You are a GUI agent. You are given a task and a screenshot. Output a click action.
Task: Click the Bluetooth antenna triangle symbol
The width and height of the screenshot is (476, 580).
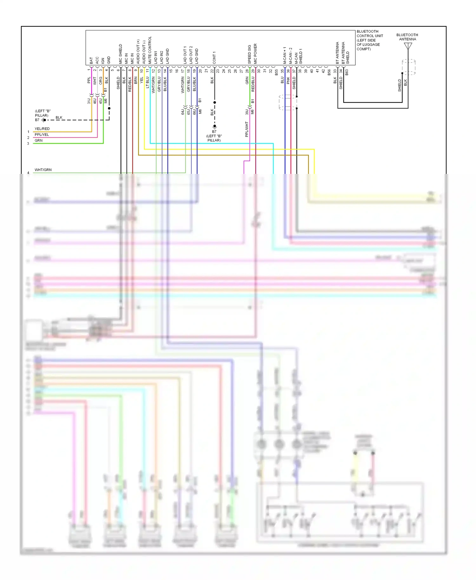408,46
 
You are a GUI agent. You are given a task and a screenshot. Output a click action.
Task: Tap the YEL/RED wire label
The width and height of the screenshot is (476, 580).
42,129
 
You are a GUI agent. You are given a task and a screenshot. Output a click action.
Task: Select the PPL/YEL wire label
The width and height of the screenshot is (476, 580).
42,135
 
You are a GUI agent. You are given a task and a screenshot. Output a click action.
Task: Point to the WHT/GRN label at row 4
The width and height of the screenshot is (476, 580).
43,170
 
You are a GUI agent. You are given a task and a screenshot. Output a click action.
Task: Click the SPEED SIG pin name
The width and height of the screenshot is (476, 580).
249,54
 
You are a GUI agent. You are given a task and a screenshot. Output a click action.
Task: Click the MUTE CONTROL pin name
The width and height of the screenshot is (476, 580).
150,50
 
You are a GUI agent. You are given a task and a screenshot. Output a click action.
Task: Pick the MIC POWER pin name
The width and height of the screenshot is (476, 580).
255,54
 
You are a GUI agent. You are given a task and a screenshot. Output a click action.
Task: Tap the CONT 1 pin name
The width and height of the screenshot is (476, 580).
214,57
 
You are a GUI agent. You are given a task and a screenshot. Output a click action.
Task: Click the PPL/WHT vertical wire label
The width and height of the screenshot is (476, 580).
247,129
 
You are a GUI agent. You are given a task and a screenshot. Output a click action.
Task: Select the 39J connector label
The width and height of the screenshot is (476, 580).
247,112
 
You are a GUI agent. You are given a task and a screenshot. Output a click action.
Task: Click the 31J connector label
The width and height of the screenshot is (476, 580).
89,101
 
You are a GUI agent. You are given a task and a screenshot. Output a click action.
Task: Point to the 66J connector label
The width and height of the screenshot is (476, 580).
194,112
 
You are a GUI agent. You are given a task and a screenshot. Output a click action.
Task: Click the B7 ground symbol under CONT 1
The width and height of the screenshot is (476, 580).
215,126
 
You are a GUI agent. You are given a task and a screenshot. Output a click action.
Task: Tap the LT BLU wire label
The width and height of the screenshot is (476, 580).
147,82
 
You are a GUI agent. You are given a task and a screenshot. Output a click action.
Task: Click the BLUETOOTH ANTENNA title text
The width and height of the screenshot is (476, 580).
407,37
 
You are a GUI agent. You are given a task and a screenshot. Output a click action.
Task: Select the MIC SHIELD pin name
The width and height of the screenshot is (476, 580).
120,54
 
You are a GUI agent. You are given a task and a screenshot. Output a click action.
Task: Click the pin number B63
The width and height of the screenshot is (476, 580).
347,72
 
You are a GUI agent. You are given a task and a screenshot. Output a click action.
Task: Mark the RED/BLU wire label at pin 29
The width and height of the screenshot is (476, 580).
253,84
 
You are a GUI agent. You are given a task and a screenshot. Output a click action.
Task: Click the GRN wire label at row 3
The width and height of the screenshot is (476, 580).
38,141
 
